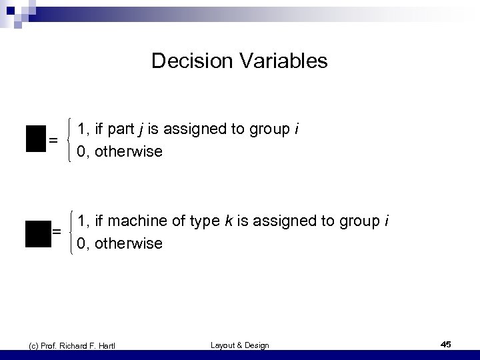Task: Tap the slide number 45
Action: (446, 344)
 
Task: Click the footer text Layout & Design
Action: (240, 345)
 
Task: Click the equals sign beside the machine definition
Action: (57, 231)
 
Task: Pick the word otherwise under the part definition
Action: (129, 151)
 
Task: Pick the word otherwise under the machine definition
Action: (129, 243)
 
